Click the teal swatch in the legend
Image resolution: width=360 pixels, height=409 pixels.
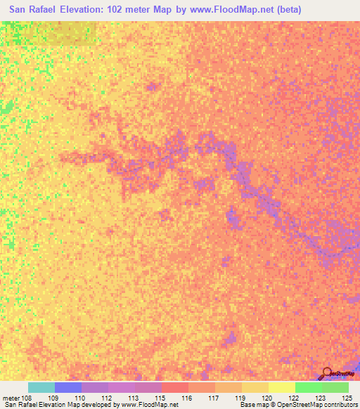[41, 387]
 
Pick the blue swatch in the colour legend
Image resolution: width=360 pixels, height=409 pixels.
[67, 387]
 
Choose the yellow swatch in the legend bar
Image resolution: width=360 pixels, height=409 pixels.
[281, 387]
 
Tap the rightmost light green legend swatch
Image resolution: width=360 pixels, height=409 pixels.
[335, 387]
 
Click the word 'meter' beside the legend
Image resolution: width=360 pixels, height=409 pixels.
[11, 398]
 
